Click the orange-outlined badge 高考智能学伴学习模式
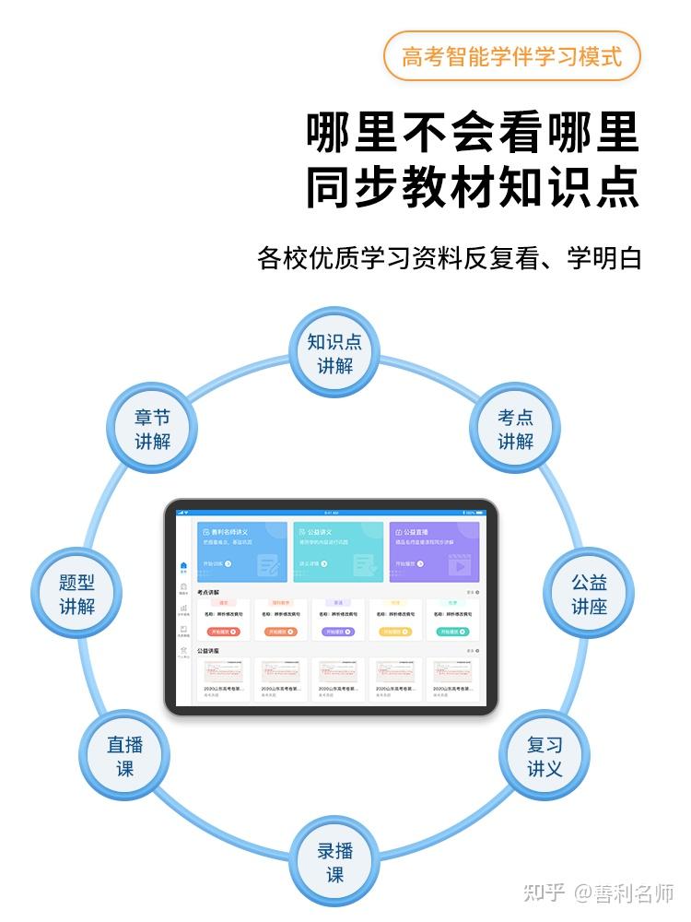pyautogui.click(x=511, y=55)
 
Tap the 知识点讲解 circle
pyautogui.click(x=334, y=354)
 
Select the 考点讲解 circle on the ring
pyautogui.click(x=515, y=429)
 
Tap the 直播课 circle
pyautogui.click(x=125, y=756)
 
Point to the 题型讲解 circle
pyautogui.click(x=76, y=595)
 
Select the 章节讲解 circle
pyautogui.click(x=153, y=429)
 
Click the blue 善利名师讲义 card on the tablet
pyautogui.click(x=242, y=551)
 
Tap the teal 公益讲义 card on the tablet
pyautogui.click(x=338, y=551)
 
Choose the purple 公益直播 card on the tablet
pyautogui.click(x=434, y=551)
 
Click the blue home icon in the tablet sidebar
pyautogui.click(x=183, y=565)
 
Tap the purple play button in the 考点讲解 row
pyautogui.click(x=337, y=632)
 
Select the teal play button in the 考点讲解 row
pyautogui.click(x=451, y=632)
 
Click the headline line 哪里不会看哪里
pyautogui.click(x=473, y=134)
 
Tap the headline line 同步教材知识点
pyautogui.click(x=473, y=187)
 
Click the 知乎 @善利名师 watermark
pyautogui.click(x=599, y=892)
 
